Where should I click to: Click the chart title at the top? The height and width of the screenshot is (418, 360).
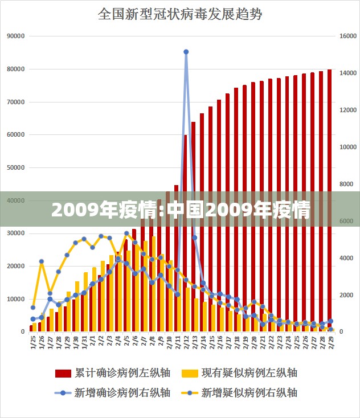click(180, 14)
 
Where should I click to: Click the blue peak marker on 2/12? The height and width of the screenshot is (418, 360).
click(186, 52)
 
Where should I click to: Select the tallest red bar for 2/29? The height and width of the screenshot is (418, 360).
click(329, 199)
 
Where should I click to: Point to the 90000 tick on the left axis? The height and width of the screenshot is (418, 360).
click(16, 36)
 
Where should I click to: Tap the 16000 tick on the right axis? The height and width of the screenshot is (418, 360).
click(347, 36)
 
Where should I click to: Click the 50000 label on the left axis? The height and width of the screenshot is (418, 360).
click(16, 167)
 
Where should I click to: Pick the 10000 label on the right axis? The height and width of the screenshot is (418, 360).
click(347, 147)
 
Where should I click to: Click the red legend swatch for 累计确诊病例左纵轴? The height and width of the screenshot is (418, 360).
click(63, 374)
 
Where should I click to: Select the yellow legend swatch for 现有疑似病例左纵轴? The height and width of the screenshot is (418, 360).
click(190, 374)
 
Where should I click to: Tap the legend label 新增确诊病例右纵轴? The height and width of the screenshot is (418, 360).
click(122, 392)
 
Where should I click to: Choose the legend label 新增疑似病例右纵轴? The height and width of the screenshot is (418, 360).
click(249, 392)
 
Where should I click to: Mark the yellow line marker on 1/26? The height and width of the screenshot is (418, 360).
click(41, 261)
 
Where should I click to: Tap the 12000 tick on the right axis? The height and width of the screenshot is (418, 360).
click(347, 110)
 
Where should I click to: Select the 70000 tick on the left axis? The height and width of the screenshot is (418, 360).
click(16, 102)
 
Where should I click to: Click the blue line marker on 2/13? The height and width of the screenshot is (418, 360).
click(194, 237)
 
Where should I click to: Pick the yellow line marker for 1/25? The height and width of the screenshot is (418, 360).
click(32, 308)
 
